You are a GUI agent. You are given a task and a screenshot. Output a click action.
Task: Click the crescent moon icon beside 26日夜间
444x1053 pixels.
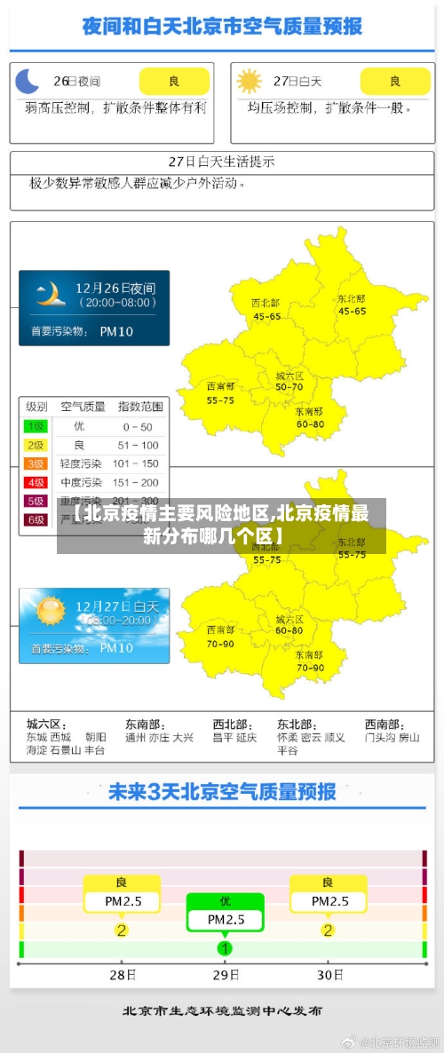point(28,82)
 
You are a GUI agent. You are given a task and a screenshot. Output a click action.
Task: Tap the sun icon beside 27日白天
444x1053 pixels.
point(250,82)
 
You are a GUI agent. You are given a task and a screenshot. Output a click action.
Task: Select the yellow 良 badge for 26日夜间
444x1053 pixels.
point(174,82)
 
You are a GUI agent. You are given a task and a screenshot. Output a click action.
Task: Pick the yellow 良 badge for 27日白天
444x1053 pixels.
point(395,82)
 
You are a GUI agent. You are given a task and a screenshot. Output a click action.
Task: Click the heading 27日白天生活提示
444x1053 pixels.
point(222,162)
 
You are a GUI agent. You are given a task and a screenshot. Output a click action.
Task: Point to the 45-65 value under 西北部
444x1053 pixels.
point(266,316)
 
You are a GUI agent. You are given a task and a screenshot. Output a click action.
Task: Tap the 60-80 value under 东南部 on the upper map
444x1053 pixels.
point(310,424)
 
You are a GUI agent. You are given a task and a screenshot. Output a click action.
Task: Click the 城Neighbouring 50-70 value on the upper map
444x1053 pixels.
point(289,387)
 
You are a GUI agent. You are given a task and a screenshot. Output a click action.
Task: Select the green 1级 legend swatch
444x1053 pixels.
point(36,426)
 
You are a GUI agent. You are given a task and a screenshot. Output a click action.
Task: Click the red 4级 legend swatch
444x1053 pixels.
point(36,482)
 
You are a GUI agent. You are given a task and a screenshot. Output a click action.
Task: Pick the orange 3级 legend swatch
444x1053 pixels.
point(36,463)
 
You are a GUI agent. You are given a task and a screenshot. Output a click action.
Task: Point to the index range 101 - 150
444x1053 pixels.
point(138,463)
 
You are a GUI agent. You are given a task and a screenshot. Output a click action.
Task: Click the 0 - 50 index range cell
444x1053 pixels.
point(138,427)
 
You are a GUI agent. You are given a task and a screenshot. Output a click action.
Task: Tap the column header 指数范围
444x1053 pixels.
point(140,407)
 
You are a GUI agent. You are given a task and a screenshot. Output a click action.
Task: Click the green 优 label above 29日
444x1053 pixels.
point(226,901)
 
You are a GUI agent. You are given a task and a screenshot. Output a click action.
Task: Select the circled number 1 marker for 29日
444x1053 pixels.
point(226,948)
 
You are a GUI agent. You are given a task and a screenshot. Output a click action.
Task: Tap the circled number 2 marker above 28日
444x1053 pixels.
point(122,930)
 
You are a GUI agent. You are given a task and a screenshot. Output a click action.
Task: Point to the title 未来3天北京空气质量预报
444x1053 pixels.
point(222,791)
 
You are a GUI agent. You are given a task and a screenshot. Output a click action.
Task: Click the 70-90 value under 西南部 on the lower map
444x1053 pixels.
point(220,643)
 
